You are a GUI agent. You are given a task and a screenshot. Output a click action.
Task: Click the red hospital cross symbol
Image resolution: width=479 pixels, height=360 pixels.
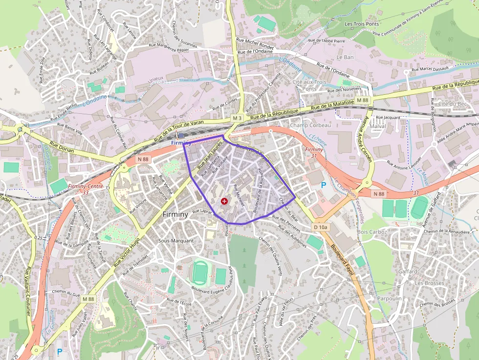pyautogui.click(x=224, y=201)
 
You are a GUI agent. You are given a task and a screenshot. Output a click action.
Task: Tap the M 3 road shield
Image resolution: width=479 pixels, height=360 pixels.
pyautogui.click(x=238, y=118)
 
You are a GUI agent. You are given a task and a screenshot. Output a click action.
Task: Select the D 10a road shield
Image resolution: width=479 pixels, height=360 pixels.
pyautogui.click(x=320, y=227)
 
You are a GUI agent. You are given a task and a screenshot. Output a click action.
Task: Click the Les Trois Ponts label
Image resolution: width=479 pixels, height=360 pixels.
pyautogui.click(x=362, y=24)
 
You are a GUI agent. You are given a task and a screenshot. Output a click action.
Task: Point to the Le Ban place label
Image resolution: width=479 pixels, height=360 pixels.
pyautogui.click(x=345, y=57)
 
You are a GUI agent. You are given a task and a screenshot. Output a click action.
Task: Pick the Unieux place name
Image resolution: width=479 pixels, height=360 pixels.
pyautogui.click(x=156, y=78)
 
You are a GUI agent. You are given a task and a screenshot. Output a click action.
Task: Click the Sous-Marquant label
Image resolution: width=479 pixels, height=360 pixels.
pyautogui.click(x=176, y=241)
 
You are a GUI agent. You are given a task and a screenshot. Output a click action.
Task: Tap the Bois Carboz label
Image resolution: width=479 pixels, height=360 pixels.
pyautogui.click(x=372, y=232)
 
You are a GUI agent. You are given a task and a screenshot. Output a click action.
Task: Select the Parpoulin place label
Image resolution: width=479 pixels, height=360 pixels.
pyautogui.click(x=389, y=298)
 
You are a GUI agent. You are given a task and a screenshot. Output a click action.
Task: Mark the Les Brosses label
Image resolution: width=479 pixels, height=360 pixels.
pyautogui.click(x=429, y=283)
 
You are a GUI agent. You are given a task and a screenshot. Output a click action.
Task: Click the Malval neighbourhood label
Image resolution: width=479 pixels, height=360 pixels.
pyautogui.click(x=378, y=126)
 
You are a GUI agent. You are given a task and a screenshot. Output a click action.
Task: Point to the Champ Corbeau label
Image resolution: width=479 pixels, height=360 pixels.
pyautogui.click(x=310, y=126)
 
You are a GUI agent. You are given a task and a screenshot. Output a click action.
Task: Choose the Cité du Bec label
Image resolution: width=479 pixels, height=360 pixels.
pyautogui.click(x=453, y=104)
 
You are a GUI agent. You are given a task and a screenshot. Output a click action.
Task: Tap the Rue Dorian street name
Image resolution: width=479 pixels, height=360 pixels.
pyautogui.click(x=62, y=148)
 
